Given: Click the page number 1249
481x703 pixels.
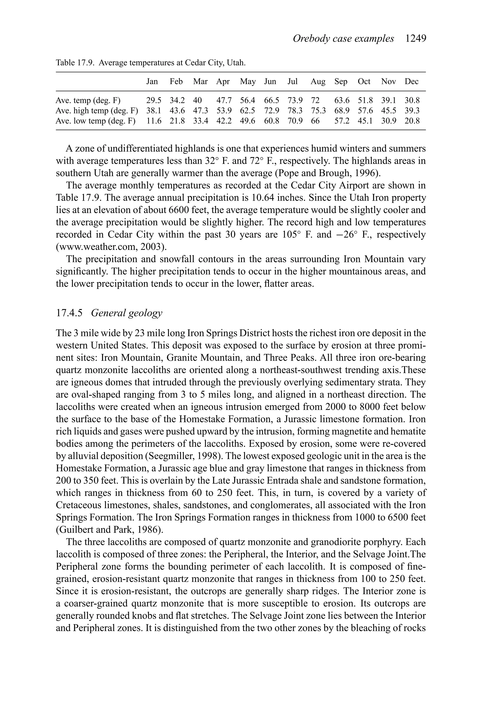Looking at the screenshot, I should point(416,39).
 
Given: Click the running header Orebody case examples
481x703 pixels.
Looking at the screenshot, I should point(343,39).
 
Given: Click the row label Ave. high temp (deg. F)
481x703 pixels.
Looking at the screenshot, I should point(97,111).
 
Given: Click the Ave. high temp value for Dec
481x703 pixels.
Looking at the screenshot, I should point(412,111).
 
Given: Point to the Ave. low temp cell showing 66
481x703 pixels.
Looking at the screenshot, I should point(315,121).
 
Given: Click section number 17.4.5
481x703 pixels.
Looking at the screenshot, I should point(69,313).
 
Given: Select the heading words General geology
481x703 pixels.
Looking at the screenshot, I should point(126,313).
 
